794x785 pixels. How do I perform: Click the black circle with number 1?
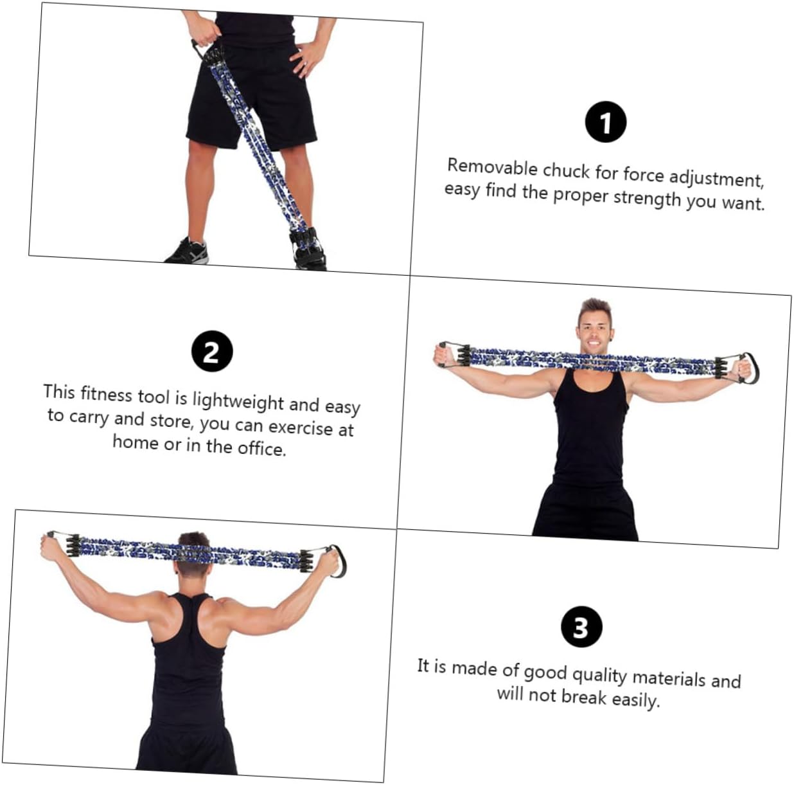click(x=605, y=122)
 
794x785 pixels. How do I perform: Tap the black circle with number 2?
click(x=211, y=352)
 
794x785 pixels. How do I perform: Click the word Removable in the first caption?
click(x=492, y=167)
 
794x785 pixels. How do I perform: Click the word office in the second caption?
click(x=261, y=447)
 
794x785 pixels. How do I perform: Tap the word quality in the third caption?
click(x=599, y=674)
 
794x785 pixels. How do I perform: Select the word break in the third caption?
click(x=584, y=697)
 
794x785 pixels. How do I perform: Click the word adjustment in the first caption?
click(x=716, y=178)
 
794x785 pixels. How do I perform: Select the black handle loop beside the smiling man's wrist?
click(x=749, y=368)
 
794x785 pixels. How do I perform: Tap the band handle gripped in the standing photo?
click(x=203, y=46)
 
